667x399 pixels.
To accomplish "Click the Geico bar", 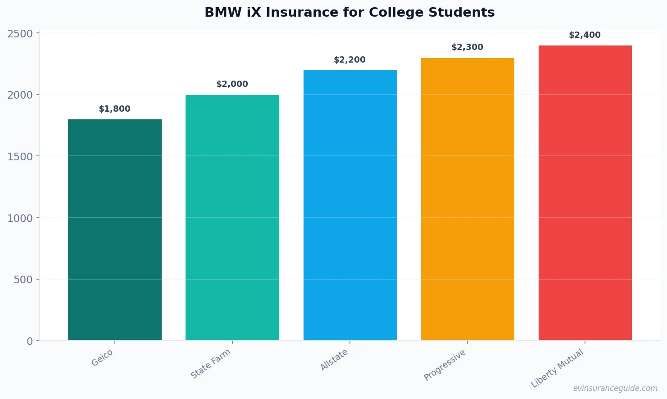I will click(x=115, y=230).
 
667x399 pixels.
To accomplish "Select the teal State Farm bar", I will click(x=232, y=218).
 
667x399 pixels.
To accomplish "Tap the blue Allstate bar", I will click(x=350, y=205).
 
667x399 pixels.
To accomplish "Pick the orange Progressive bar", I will click(x=467, y=199).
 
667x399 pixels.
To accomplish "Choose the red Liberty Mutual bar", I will click(x=585, y=193).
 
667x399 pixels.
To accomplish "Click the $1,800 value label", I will click(x=115, y=109).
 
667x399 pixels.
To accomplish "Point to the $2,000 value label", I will click(x=232, y=84).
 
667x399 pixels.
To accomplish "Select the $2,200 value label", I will click(x=350, y=60).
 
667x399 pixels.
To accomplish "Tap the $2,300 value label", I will click(x=467, y=47).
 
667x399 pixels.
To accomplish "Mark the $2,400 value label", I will click(x=585, y=35).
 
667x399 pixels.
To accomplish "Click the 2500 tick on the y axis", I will click(x=20, y=34).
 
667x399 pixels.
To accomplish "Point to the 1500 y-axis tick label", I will click(x=20, y=157).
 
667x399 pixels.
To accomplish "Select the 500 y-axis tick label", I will click(x=23, y=280).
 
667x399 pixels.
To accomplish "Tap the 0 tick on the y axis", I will click(x=30, y=341).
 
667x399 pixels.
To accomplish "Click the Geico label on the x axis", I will click(x=102, y=358).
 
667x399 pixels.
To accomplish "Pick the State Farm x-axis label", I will click(x=210, y=364).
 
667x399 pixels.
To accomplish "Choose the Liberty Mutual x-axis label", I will click(x=557, y=368).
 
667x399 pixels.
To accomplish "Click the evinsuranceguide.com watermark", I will click(x=615, y=388).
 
